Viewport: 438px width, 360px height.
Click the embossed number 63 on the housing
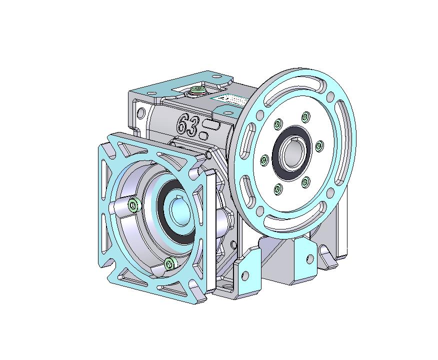(186, 123)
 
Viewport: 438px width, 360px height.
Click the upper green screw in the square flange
(134, 204)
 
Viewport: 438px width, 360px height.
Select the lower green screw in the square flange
(170, 263)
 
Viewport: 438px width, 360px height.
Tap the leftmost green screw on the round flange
(263, 160)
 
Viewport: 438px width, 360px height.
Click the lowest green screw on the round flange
(277, 188)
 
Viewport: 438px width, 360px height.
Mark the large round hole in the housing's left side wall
(140, 112)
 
